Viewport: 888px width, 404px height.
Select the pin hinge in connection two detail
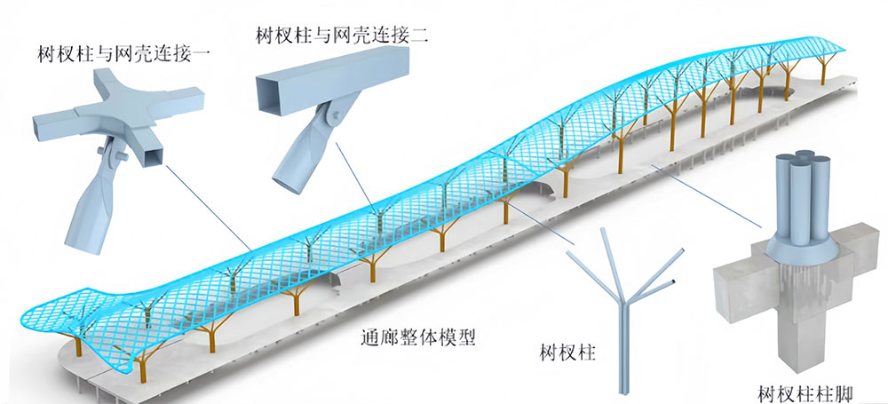tap(332, 121)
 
